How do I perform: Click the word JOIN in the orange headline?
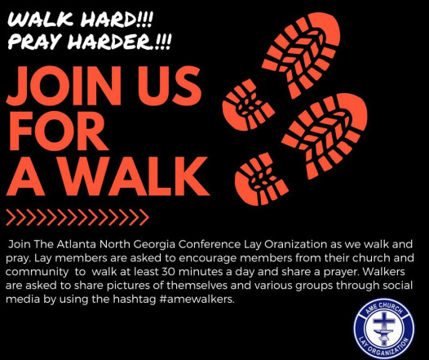coord(64,86)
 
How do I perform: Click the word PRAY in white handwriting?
coord(34,42)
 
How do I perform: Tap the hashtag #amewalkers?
coord(196,299)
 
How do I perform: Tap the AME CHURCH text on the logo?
coord(383,309)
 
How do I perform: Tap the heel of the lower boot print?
coord(260,180)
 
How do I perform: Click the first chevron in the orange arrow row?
coord(11,217)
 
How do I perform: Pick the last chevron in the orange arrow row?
coord(144,217)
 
